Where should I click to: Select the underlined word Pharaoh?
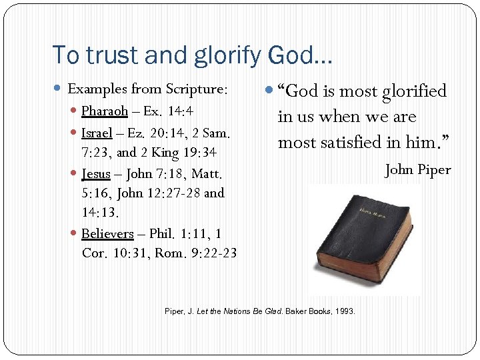[104, 111]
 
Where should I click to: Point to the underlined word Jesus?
[95, 174]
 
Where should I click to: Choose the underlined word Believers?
[107, 234]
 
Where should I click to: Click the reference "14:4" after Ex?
[180, 111]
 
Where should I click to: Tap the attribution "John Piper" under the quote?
[418, 169]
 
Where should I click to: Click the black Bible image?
[365, 240]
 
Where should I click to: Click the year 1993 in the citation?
[345, 312]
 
